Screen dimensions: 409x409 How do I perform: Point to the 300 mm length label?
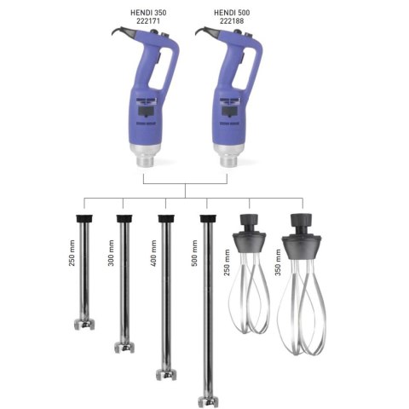point(112,252)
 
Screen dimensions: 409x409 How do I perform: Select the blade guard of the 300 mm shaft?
point(126,347)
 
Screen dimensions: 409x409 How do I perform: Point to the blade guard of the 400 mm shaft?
point(167,372)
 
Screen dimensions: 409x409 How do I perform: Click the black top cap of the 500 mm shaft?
point(207,219)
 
